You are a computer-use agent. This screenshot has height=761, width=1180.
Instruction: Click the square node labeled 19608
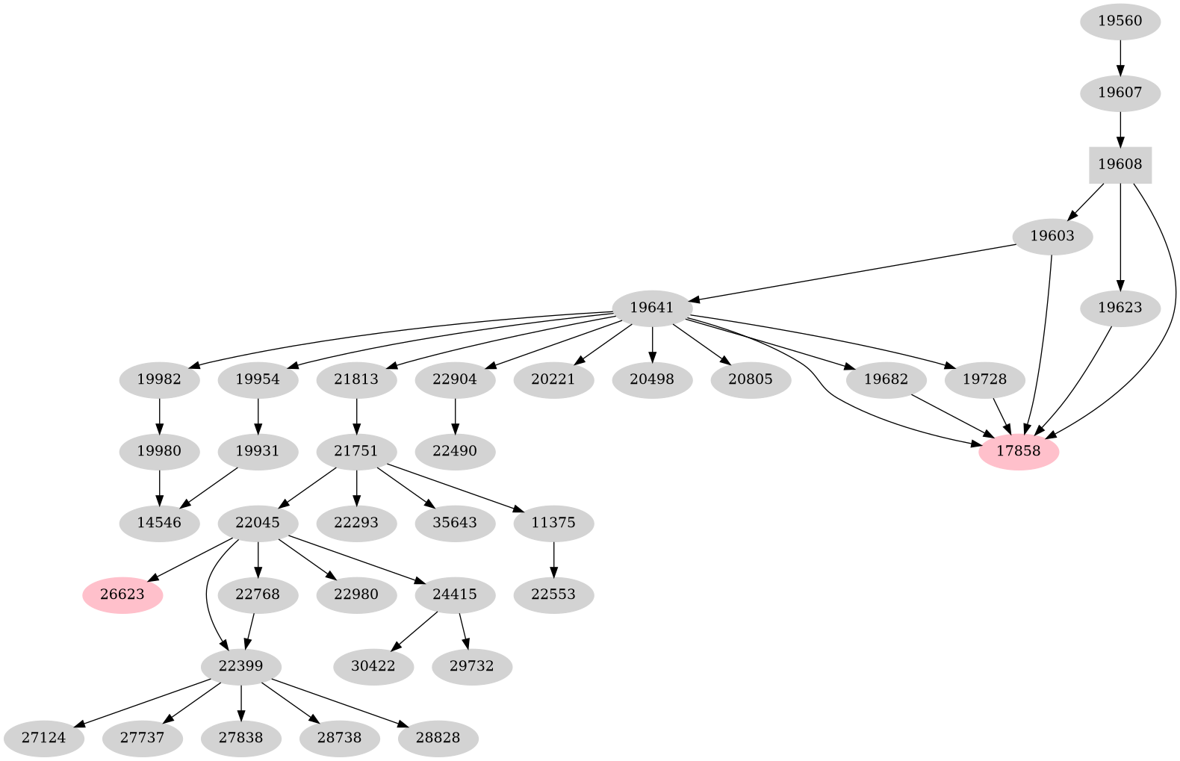1120,165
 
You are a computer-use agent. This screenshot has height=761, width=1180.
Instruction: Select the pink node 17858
1018,451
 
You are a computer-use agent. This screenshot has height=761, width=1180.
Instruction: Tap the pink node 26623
122,595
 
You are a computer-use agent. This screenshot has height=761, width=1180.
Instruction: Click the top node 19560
1120,22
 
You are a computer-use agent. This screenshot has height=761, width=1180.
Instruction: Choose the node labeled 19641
652,308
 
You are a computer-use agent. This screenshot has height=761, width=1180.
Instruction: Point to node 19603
1052,237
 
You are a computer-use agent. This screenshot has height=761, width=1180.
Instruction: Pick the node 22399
241,665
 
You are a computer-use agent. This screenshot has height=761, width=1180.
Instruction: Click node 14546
159,522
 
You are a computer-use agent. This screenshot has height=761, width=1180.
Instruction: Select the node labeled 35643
455,522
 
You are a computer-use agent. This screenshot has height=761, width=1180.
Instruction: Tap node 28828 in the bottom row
438,738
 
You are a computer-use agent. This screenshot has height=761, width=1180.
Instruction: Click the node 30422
373,665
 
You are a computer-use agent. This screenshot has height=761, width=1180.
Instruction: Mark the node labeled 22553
553,595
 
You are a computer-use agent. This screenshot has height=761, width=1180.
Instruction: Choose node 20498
652,379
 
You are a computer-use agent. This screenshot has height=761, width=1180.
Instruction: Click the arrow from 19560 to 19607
1120,58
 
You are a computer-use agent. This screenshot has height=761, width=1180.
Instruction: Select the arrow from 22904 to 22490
455,415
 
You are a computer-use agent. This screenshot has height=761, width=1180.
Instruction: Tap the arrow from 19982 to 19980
159,415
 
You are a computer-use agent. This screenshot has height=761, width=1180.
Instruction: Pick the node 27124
43,738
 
